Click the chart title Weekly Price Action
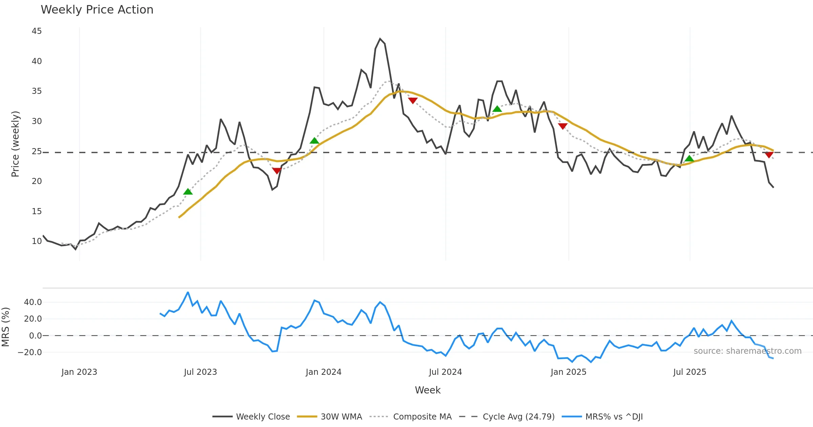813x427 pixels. pyautogui.click(x=97, y=10)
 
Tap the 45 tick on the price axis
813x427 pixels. pyautogui.click(x=37, y=31)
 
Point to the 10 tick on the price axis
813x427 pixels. pyautogui.click(x=37, y=241)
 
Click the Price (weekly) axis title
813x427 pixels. pyautogui.click(x=15, y=144)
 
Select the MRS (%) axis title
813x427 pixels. pyautogui.click(x=5, y=327)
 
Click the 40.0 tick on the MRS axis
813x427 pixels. pyautogui.click(x=33, y=302)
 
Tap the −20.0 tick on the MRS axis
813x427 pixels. pyautogui.click(x=30, y=352)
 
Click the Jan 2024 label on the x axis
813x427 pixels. pyautogui.click(x=324, y=372)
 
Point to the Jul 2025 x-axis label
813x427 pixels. pyautogui.click(x=690, y=372)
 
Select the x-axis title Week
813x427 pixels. pyautogui.click(x=428, y=390)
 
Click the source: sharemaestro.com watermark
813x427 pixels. pyautogui.click(x=747, y=351)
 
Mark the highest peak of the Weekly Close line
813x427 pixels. pyautogui.click(x=380, y=39)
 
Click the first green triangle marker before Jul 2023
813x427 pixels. pyautogui.click(x=188, y=192)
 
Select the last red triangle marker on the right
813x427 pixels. pyautogui.click(x=769, y=155)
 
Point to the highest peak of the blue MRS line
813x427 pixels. pyautogui.click(x=188, y=292)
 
